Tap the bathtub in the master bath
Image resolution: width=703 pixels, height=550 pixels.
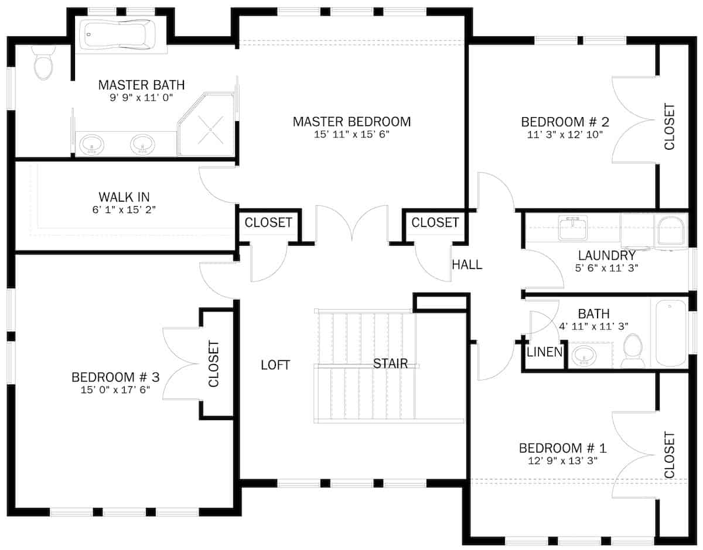pos(117,35)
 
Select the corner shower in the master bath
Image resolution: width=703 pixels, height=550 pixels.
pos(207,125)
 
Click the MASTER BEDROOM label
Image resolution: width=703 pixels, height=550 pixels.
pos(351,122)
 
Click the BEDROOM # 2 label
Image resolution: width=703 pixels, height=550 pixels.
pos(565,122)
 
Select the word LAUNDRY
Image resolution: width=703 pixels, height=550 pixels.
pos(606,255)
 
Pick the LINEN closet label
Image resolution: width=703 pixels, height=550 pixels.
pos(545,352)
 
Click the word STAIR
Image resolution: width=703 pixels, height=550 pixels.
pos(390,364)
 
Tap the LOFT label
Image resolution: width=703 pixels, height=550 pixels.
pos(275,365)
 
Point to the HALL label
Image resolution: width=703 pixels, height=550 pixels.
pos(467,264)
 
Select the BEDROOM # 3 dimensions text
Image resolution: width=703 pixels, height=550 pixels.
pos(115,390)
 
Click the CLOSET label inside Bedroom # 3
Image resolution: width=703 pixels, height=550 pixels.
pos(214,364)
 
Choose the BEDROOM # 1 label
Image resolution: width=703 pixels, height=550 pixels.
pos(562,448)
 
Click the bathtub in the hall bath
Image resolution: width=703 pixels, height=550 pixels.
pos(671,333)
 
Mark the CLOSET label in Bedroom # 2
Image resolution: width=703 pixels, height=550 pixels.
pos(670,126)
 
